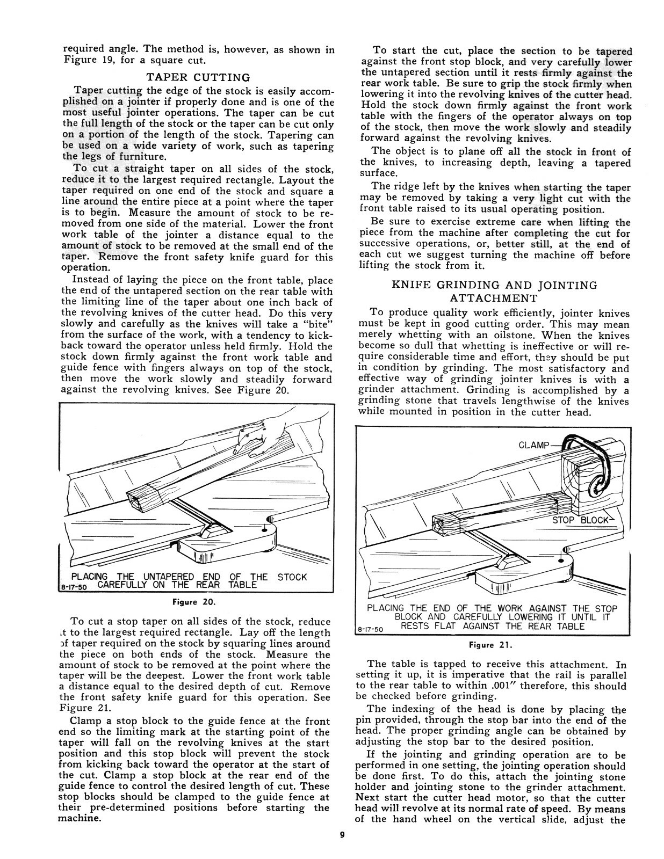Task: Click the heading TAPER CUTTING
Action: coord(198,77)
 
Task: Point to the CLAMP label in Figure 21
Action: coord(534,445)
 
